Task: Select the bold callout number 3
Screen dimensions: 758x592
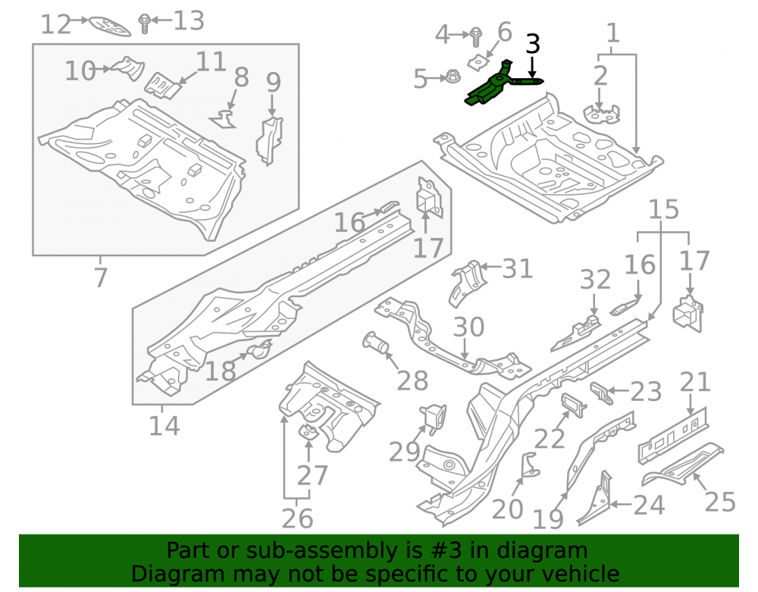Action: click(x=532, y=44)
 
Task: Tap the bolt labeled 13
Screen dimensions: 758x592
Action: click(x=144, y=23)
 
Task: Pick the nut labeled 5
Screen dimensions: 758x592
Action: click(x=452, y=77)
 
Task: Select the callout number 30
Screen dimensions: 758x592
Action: click(x=468, y=327)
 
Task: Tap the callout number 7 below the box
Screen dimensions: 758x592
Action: click(x=100, y=277)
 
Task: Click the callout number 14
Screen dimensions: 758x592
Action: click(x=164, y=426)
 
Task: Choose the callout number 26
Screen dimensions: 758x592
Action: click(x=297, y=518)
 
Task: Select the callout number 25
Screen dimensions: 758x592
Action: click(x=720, y=502)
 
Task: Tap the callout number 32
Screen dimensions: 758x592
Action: click(x=595, y=280)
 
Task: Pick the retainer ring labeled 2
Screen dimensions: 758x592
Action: click(x=600, y=114)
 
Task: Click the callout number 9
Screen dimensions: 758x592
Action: click(x=273, y=82)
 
